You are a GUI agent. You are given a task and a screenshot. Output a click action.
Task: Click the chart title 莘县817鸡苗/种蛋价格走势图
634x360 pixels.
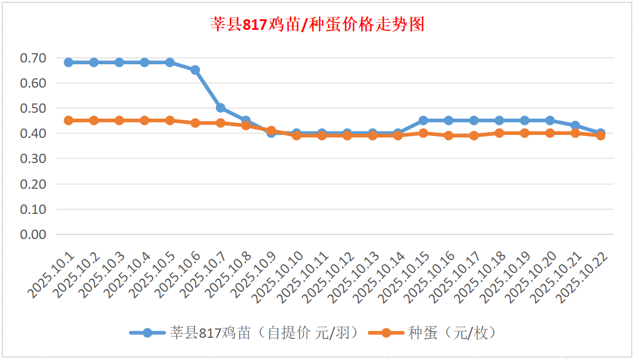[x=317, y=25]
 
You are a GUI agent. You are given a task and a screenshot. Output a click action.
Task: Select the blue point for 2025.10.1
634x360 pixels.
[x=68, y=63]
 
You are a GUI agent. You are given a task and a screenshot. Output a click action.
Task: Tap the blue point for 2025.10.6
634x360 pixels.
[x=195, y=70]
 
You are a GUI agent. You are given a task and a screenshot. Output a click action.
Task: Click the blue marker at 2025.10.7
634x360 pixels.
[x=220, y=108]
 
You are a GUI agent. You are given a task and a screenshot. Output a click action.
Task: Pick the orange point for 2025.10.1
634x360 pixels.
[x=68, y=120]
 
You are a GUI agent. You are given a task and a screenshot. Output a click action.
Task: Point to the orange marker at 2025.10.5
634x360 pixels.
[x=170, y=120]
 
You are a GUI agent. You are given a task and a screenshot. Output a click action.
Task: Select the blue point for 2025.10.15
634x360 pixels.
[x=423, y=120]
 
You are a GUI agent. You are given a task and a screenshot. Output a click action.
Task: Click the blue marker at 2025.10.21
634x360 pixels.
[x=576, y=126]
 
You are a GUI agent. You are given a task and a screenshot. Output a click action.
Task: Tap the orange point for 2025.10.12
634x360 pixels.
[x=347, y=136]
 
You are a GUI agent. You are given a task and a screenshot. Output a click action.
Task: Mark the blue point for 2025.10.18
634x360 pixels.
[x=499, y=120]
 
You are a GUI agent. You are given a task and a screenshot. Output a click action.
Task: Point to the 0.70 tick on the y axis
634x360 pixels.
[x=33, y=58]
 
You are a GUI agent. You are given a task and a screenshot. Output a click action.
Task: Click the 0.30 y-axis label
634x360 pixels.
[x=33, y=158]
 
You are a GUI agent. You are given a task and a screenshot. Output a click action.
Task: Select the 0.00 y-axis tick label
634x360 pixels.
[x=33, y=234]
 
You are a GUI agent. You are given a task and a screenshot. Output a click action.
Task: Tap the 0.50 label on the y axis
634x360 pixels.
[x=33, y=108]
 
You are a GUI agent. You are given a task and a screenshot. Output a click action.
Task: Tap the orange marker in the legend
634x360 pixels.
[x=385, y=333]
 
